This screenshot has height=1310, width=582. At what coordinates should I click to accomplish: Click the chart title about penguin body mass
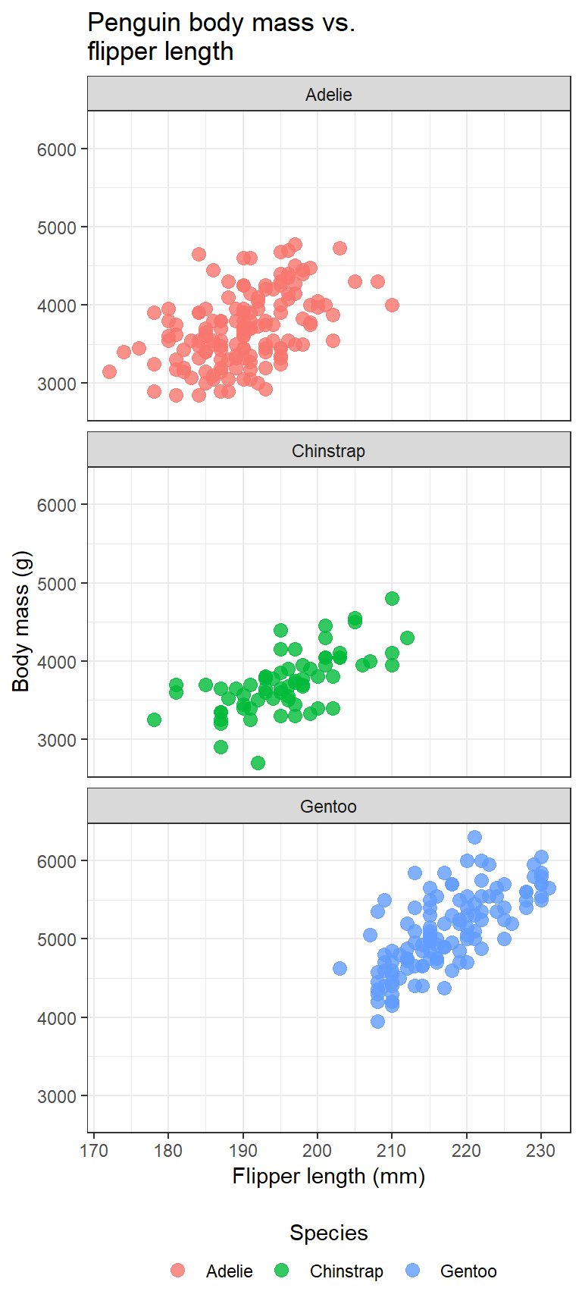221,36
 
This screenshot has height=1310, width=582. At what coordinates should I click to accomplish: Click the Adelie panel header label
328,95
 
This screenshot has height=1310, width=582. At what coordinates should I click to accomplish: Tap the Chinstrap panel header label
328,451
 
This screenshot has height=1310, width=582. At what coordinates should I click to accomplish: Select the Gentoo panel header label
328,807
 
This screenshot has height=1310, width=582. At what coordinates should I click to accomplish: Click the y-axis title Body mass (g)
21,622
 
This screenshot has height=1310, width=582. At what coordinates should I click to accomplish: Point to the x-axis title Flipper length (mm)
328,1177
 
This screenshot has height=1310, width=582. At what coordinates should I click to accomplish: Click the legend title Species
328,1233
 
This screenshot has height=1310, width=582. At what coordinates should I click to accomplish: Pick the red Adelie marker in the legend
178,1271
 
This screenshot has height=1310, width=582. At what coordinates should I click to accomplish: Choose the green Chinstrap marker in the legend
282,1271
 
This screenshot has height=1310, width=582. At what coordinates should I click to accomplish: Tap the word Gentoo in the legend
468,1271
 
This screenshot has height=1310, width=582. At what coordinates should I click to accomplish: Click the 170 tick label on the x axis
93,1151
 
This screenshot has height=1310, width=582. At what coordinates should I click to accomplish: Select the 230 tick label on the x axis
541,1151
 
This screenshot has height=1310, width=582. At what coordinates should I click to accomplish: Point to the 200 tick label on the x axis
317,1151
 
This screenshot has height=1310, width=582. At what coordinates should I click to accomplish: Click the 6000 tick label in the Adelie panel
57,149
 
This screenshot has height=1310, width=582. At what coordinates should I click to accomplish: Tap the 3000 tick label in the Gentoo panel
57,1096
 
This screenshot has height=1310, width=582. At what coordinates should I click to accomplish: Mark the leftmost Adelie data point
109,371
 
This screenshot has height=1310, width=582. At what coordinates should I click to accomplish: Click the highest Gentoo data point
474,837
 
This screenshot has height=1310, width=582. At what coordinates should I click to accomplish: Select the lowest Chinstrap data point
258,763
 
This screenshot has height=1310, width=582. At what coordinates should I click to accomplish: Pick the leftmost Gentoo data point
339,968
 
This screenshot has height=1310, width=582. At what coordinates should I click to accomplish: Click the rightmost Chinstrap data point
407,638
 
